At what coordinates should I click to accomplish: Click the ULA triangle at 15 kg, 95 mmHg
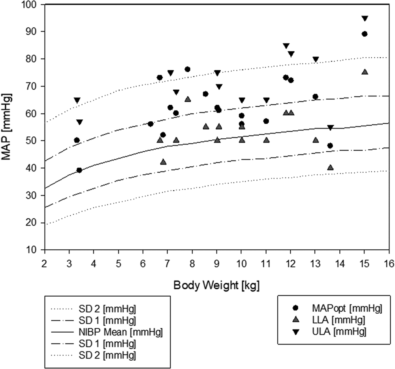(x=365, y=19)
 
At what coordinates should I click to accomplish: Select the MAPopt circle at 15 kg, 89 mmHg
(x=365, y=34)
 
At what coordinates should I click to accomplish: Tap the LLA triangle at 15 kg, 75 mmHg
(x=365, y=72)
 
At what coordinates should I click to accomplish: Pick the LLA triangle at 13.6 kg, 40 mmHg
(x=330, y=167)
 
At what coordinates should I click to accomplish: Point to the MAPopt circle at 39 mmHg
(x=79, y=170)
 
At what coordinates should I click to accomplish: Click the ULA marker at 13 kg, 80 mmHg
(x=316, y=60)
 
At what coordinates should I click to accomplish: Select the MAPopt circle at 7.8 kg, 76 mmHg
(x=188, y=70)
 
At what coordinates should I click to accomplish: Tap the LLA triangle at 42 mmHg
(x=163, y=162)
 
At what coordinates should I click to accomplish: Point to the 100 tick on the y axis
(x=30, y=5)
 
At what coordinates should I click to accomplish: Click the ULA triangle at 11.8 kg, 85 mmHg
(x=286, y=46)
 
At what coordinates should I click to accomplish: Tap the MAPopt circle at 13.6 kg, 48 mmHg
(x=330, y=146)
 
